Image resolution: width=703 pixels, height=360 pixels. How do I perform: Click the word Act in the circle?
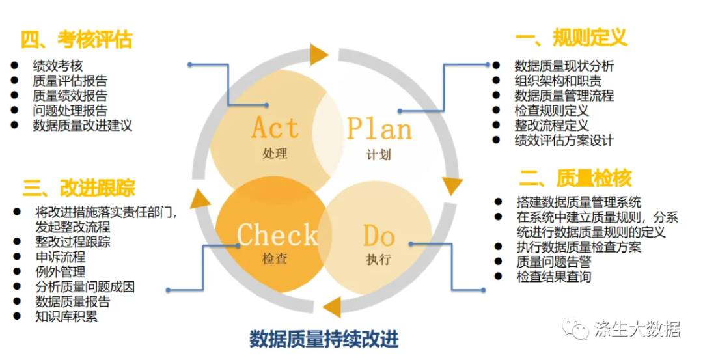[275, 128]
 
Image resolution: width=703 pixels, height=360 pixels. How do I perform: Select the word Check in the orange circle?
[277, 234]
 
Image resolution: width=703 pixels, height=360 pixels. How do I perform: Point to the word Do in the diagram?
[379, 235]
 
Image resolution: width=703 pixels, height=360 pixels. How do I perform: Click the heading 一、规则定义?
[571, 38]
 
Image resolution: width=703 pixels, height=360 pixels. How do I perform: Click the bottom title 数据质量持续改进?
[324, 339]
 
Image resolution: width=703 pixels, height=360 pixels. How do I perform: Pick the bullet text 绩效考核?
[58, 66]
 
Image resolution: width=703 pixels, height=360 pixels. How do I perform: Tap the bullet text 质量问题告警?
[554, 262]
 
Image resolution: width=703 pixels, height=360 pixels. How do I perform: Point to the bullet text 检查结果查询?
[554, 277]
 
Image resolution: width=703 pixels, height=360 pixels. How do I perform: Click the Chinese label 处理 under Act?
[275, 154]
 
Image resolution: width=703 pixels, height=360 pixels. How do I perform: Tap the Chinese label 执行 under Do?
[379, 260]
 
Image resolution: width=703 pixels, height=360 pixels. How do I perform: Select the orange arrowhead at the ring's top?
[319, 55]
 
